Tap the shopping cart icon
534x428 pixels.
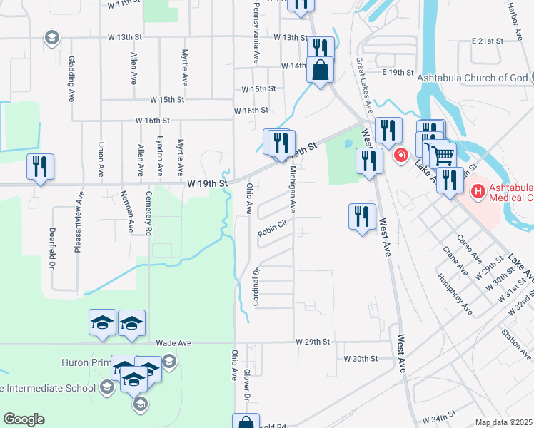tap(443, 155)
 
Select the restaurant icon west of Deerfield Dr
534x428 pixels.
tap(39, 167)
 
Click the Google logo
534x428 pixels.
tap(24, 419)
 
